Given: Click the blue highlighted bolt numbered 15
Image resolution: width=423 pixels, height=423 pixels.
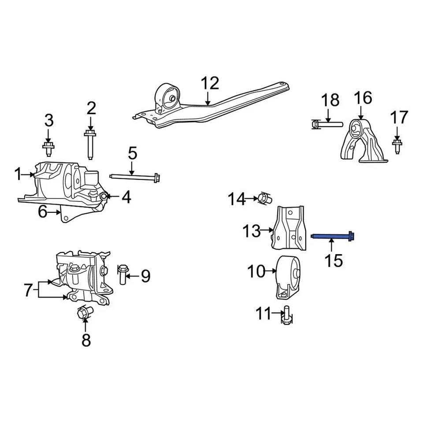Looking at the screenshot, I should (333, 237).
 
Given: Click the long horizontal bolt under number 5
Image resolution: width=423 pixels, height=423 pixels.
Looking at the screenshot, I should (135, 177).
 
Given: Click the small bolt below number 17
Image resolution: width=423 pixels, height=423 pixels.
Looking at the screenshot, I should (397, 145).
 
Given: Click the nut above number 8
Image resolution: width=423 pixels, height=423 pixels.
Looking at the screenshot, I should (84, 313).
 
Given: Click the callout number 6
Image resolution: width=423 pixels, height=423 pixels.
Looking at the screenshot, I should (42, 212).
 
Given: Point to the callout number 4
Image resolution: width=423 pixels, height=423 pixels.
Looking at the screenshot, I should (126, 197).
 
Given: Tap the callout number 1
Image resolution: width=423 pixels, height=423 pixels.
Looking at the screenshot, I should (18, 174).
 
